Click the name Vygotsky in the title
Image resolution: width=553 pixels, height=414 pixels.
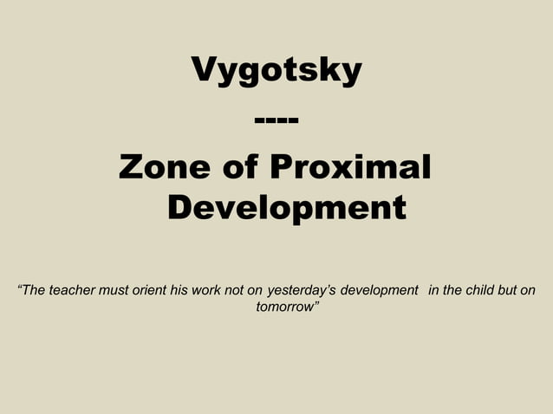coord(276,71)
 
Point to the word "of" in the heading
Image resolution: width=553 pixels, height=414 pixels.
coord(239,165)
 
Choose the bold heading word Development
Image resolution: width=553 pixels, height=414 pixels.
coord(286,208)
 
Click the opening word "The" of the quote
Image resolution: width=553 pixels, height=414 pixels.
coord(32,290)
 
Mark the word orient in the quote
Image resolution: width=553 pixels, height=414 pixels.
coord(152,290)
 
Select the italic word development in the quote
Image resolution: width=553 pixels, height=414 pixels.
coord(380,290)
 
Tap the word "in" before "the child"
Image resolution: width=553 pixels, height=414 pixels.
coord(434,290)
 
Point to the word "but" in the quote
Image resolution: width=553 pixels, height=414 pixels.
coord(510,290)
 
